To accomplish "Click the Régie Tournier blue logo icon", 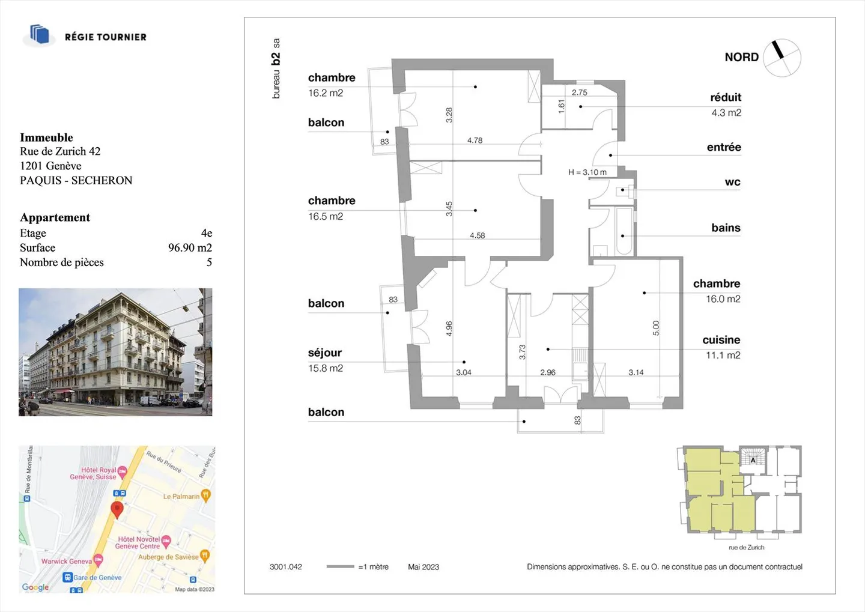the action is coord(40,34).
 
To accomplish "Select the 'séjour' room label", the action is coord(325,353).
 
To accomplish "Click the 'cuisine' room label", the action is coord(721,340).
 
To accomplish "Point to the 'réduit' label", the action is coord(726,97).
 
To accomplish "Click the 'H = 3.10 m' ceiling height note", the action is coord(587,172).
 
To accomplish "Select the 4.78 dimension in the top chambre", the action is coord(475,141).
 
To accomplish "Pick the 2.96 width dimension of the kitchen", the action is coord(548,372).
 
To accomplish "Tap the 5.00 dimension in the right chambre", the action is coord(656,328).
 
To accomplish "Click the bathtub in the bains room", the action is coord(624,231).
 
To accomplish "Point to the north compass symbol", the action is coord(782,58).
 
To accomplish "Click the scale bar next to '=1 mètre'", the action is coord(340,566).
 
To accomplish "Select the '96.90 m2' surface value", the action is coord(190,247).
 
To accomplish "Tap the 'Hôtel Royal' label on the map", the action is coord(99,470).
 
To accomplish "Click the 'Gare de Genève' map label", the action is coord(97,578).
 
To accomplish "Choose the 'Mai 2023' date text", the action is coord(423,567).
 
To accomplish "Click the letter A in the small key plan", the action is coord(753,460).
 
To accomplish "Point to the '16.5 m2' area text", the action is coord(326,217).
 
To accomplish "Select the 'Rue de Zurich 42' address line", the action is coord(60,151).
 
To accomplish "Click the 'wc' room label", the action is coord(733,182).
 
